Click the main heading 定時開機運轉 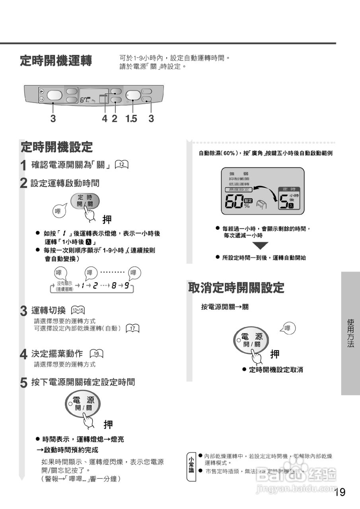point(56,61)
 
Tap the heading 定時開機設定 point(56,147)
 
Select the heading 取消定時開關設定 point(236,288)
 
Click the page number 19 point(339,492)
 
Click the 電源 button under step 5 point(83,403)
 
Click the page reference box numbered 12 point(122,165)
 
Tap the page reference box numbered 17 point(132,328)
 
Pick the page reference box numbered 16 point(96,354)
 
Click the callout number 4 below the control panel point(104,119)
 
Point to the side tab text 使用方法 point(350,333)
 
